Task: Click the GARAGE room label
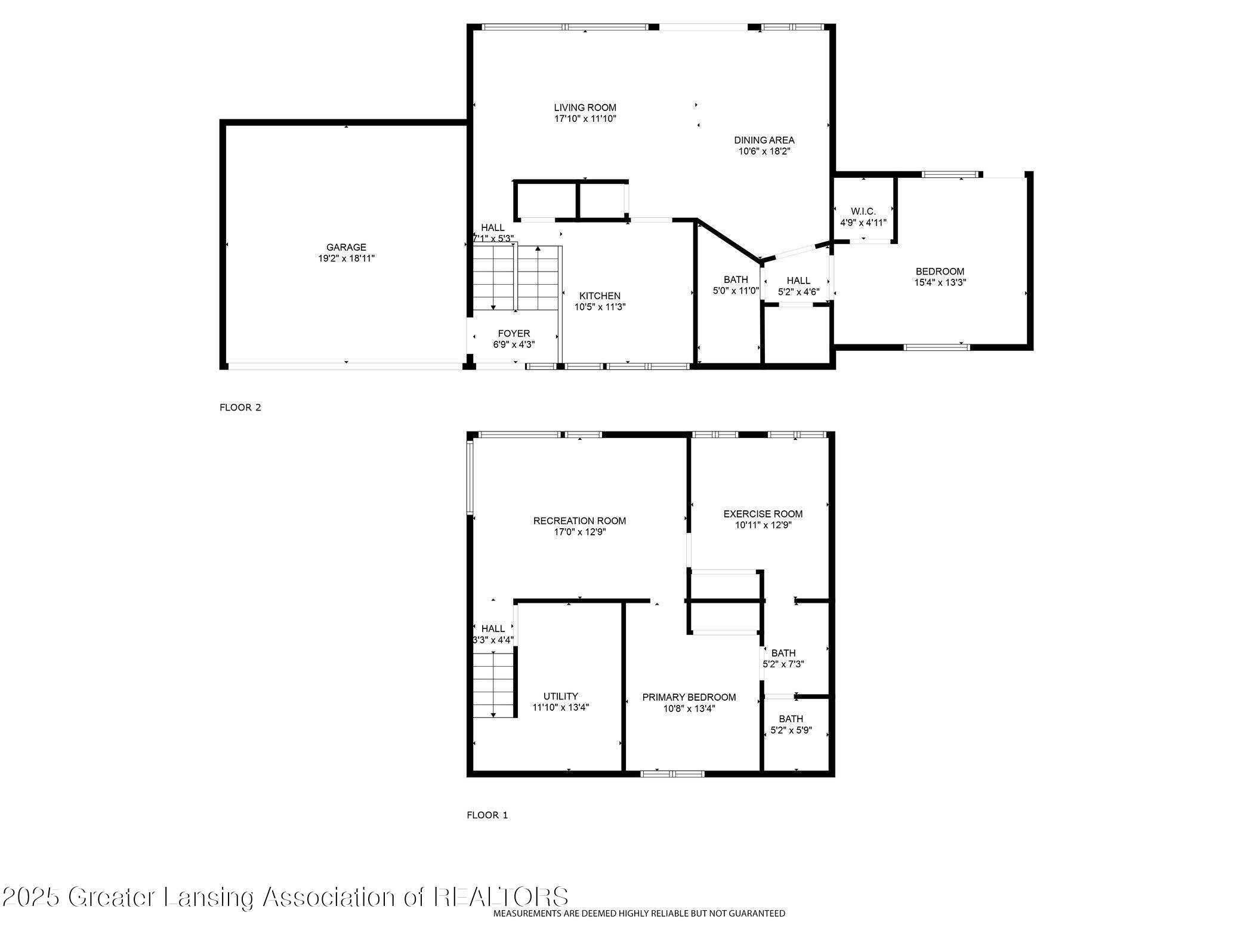click(x=346, y=247)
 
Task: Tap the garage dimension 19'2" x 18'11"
click(x=346, y=258)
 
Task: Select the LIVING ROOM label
click(x=585, y=107)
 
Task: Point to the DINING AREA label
click(x=764, y=140)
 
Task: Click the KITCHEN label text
click(x=600, y=296)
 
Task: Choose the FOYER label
click(x=514, y=333)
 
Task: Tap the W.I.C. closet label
click(x=863, y=211)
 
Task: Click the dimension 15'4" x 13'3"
click(x=940, y=283)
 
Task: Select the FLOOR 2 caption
click(x=240, y=408)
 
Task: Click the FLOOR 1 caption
click(x=487, y=815)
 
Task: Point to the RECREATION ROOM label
click(x=579, y=521)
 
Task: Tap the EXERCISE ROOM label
click(x=763, y=514)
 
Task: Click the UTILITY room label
click(x=560, y=696)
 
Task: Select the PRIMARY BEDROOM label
click(x=689, y=697)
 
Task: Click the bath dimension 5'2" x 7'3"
click(x=783, y=664)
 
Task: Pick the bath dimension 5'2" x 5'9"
click(x=787, y=730)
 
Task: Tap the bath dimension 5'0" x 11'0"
click(x=736, y=291)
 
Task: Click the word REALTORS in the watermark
click(x=501, y=897)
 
